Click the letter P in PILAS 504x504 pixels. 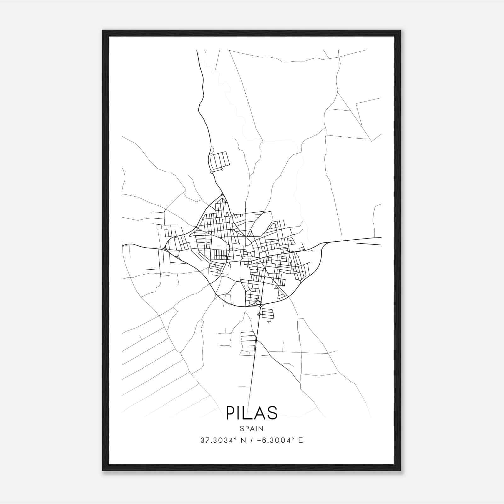pyautogui.click(x=230, y=413)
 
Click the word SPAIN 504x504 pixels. pyautogui.click(x=252, y=428)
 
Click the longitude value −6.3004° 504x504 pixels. pyautogui.click(x=277, y=440)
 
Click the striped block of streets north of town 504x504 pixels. pyautogui.click(x=220, y=161)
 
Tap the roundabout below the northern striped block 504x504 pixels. pyautogui.click(x=212, y=172)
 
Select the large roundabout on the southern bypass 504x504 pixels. pyautogui.click(x=258, y=303)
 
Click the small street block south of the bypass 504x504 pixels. pyautogui.click(x=267, y=313)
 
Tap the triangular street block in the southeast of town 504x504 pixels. pyautogui.click(x=280, y=295)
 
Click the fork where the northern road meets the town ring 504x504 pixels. pyautogui.click(x=222, y=195)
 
